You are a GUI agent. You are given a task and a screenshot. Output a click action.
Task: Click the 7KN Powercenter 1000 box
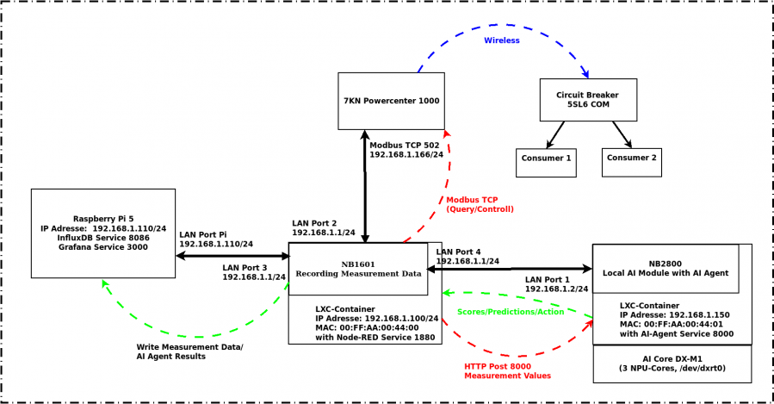pyautogui.click(x=391, y=102)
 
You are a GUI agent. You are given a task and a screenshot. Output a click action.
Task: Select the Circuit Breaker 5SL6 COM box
pyautogui.click(x=588, y=100)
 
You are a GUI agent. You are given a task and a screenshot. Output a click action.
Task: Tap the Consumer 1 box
pyautogui.click(x=546, y=163)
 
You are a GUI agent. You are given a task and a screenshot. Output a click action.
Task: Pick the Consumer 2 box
pyautogui.click(x=631, y=163)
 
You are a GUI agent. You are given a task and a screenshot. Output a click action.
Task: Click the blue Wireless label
pyautogui.click(x=502, y=40)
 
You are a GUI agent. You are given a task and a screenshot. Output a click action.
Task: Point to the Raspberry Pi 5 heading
pyautogui.click(x=103, y=219)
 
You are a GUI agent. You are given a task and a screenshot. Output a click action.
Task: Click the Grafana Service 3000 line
pyautogui.click(x=103, y=247)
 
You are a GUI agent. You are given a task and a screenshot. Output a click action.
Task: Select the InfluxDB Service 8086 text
pyautogui.click(x=103, y=238)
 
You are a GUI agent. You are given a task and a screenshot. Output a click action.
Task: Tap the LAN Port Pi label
pyautogui.click(x=203, y=234)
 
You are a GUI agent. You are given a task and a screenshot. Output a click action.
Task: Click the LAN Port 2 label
pyautogui.click(x=314, y=223)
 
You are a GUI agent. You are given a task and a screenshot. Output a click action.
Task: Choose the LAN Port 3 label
pyautogui.click(x=245, y=268)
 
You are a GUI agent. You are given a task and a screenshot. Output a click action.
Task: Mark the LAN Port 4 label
pyautogui.click(x=458, y=252)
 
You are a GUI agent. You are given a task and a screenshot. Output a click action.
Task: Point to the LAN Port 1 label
pyautogui.click(x=547, y=280)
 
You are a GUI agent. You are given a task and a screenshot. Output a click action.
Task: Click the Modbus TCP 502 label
pyautogui.click(x=405, y=146)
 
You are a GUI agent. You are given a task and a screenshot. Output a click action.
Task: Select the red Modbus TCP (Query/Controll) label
pyautogui.click(x=480, y=204)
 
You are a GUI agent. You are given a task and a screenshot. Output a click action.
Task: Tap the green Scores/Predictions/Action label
pyautogui.click(x=511, y=312)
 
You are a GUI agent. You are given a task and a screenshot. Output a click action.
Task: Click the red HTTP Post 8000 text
pyautogui.click(x=498, y=366)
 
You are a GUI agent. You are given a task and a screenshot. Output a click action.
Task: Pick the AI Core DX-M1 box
pyautogui.click(x=672, y=364)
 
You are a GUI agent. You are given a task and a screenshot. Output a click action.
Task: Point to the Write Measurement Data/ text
pyautogui.click(x=189, y=347)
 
